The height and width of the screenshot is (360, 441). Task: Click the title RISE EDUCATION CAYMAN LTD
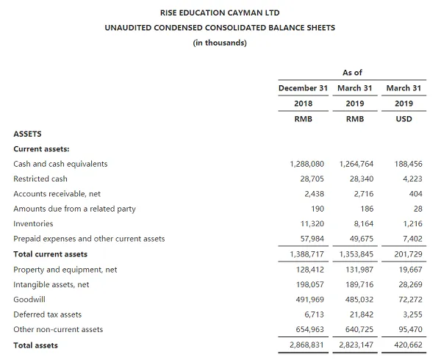pos(220,13)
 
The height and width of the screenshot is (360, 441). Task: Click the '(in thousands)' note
pos(220,42)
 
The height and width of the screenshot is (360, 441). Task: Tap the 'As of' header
pos(352,73)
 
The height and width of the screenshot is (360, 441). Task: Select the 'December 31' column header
pos(303,88)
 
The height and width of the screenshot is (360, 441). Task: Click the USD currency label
pos(404,119)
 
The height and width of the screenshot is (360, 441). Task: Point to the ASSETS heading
pos(28,134)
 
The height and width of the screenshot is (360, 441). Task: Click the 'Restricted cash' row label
pos(40,179)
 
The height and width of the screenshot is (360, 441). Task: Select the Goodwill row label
pos(29,299)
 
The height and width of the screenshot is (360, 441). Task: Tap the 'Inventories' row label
pos(33,223)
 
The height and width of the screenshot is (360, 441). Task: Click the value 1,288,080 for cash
pos(307,164)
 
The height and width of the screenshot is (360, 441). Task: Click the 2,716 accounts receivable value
pos(362,194)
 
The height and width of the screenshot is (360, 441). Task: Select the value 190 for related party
pos(317,209)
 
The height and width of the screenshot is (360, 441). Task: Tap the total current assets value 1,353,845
pos(356,254)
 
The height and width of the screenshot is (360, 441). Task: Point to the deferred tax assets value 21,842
pos(359,314)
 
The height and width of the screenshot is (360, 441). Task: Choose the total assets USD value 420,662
pos(406,345)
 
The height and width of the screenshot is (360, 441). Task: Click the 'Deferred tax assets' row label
pos(48,314)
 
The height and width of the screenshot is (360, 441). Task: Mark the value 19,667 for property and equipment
pos(408,270)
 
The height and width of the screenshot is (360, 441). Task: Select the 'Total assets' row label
pos(35,345)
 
